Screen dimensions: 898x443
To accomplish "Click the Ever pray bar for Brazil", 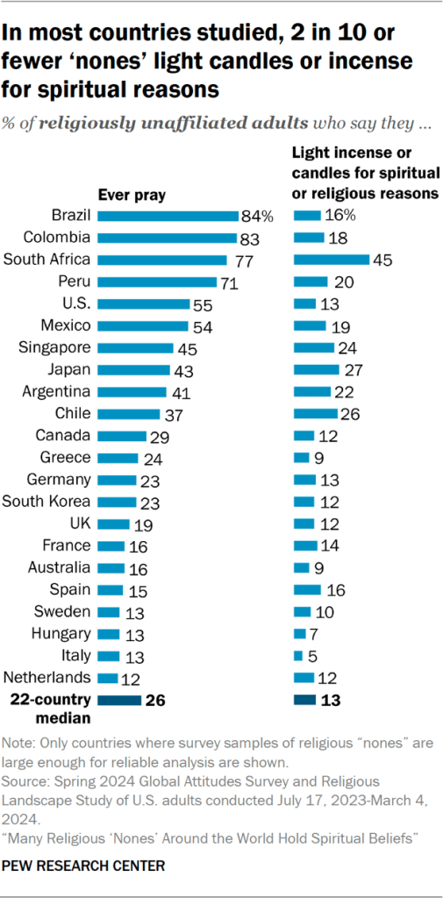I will click(167, 215).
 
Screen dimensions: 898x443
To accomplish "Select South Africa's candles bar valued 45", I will click(331, 259).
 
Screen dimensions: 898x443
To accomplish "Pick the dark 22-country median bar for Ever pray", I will click(118, 700).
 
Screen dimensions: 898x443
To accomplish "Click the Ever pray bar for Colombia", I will click(166, 237).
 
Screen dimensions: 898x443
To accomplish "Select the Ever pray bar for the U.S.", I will click(144, 303).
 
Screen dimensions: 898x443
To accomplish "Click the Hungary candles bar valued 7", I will click(300, 633).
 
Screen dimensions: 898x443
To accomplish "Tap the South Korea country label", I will click(46, 501).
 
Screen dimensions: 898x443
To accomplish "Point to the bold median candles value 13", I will click(332, 700).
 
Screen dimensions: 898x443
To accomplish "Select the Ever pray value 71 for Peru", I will click(229, 282).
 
